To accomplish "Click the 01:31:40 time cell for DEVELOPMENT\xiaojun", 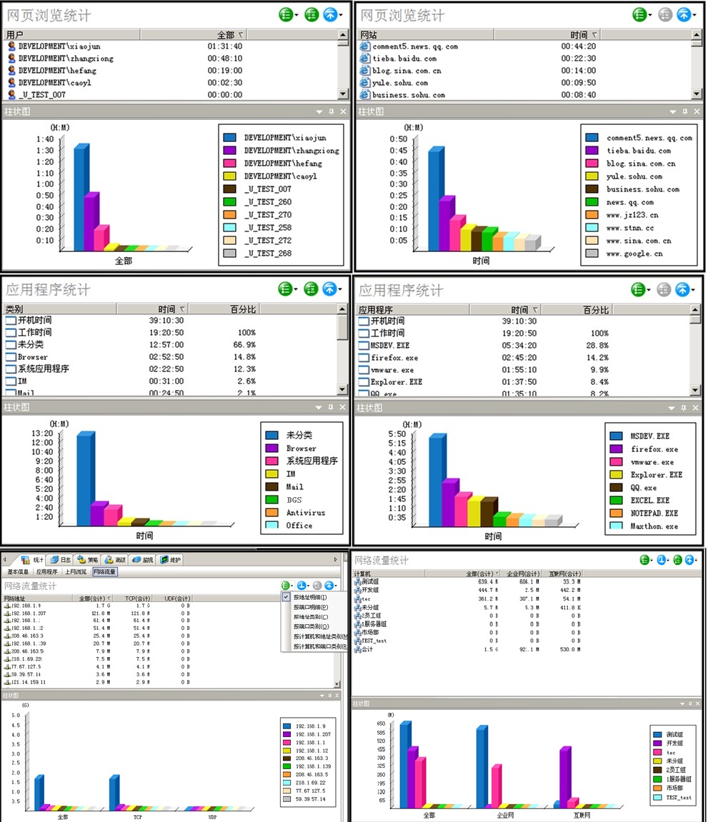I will (224, 46).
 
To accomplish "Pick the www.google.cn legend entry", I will (634, 254).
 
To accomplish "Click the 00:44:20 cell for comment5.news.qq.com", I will (578, 46).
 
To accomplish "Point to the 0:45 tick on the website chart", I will (399, 151).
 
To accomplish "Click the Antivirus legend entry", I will (305, 513).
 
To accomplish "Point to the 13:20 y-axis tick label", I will (40, 433).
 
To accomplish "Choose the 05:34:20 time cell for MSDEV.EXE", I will (524, 346).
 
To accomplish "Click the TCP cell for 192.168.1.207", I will (139, 613).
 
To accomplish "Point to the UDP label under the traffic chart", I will (211, 816).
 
